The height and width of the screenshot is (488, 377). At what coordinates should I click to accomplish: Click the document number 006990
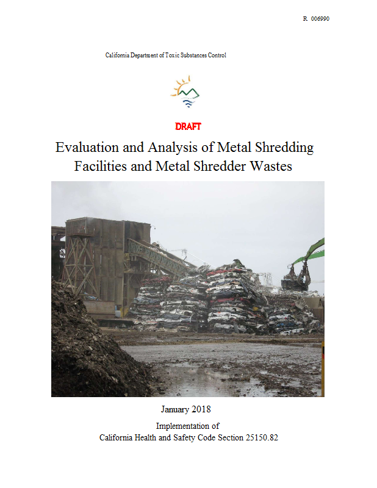(320, 19)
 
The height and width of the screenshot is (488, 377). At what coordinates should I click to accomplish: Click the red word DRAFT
(188, 127)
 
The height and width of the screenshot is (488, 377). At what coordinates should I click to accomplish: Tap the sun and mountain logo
(185, 92)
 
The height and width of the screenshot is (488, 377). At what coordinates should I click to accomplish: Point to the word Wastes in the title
(272, 166)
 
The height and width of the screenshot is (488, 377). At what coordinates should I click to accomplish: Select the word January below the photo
(176, 408)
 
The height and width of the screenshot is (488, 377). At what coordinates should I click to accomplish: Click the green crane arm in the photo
(312, 251)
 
